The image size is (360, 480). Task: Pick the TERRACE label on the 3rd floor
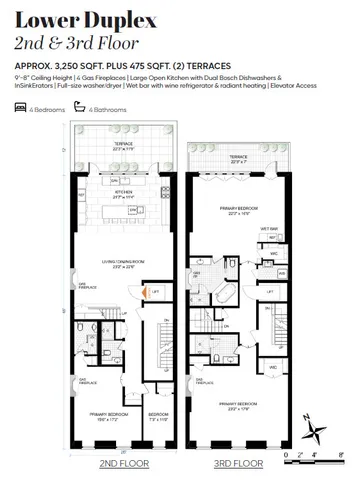[x=239, y=158]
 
